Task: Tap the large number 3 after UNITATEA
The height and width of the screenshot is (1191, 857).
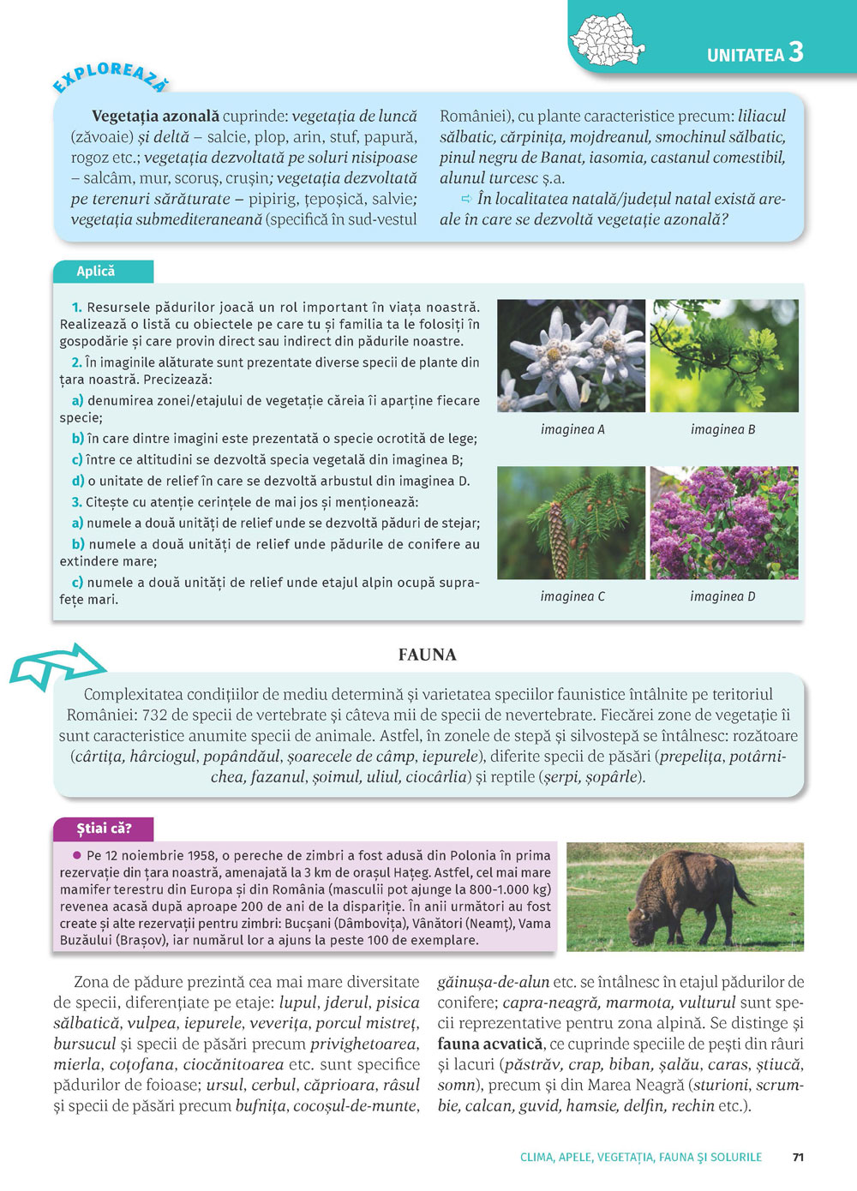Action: point(796,52)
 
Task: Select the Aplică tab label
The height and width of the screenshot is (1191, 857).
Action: point(96,272)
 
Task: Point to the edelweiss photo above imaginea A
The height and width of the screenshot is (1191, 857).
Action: point(571,356)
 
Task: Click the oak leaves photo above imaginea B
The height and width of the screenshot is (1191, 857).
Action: point(723,356)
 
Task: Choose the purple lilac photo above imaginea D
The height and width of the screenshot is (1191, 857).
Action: point(723,523)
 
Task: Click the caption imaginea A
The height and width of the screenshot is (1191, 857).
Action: point(572,429)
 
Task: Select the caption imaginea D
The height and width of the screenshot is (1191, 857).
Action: point(722,596)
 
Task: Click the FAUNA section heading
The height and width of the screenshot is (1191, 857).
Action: point(427,655)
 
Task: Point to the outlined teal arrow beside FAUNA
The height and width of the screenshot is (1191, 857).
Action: point(57,667)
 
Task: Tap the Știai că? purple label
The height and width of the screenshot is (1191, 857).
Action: point(104,829)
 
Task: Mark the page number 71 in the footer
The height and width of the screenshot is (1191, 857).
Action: point(798,1157)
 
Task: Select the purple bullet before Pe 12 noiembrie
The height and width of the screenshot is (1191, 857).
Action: point(76,855)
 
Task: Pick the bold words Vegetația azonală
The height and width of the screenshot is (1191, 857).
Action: point(155,116)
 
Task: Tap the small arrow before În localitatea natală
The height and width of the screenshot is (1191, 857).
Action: point(467,199)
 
